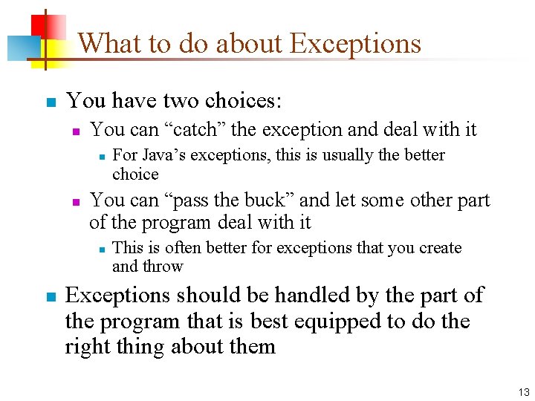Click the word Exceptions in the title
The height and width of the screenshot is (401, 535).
click(355, 44)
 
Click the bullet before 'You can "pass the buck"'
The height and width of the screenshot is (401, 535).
click(75, 201)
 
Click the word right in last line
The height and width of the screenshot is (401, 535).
click(86, 346)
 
